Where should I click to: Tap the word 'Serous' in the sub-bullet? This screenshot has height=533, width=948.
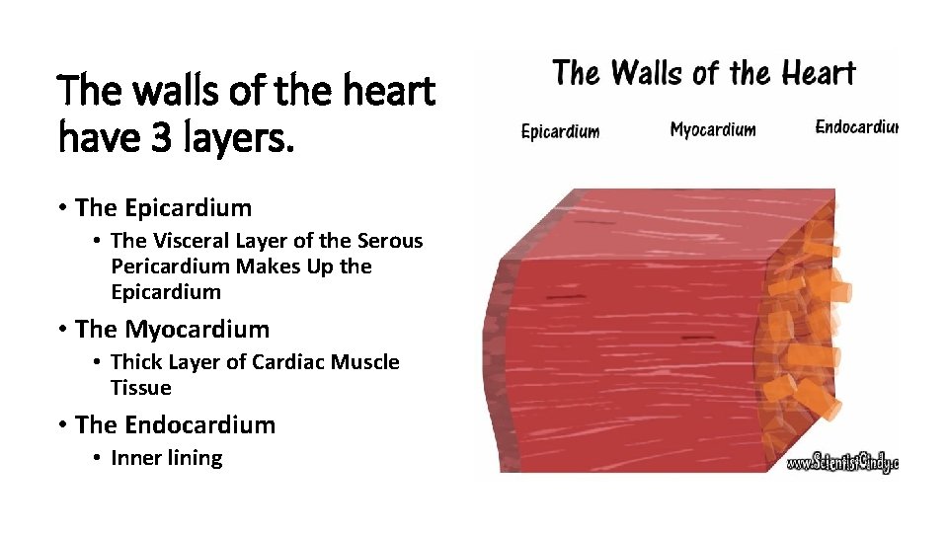click(389, 241)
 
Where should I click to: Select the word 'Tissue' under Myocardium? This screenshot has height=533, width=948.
click(141, 388)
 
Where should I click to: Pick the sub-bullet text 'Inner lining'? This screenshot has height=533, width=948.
click(167, 458)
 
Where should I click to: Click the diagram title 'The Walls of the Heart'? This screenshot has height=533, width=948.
click(703, 74)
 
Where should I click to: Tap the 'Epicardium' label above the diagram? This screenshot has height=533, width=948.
click(560, 131)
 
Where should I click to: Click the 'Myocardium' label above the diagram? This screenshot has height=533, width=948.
click(712, 129)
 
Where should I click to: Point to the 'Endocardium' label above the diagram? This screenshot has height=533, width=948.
click(856, 127)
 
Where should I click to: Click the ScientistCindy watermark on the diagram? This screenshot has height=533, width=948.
click(841, 462)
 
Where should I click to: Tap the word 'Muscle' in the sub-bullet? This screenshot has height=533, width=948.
click(366, 362)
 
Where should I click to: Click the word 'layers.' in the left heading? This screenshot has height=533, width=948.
click(233, 138)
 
